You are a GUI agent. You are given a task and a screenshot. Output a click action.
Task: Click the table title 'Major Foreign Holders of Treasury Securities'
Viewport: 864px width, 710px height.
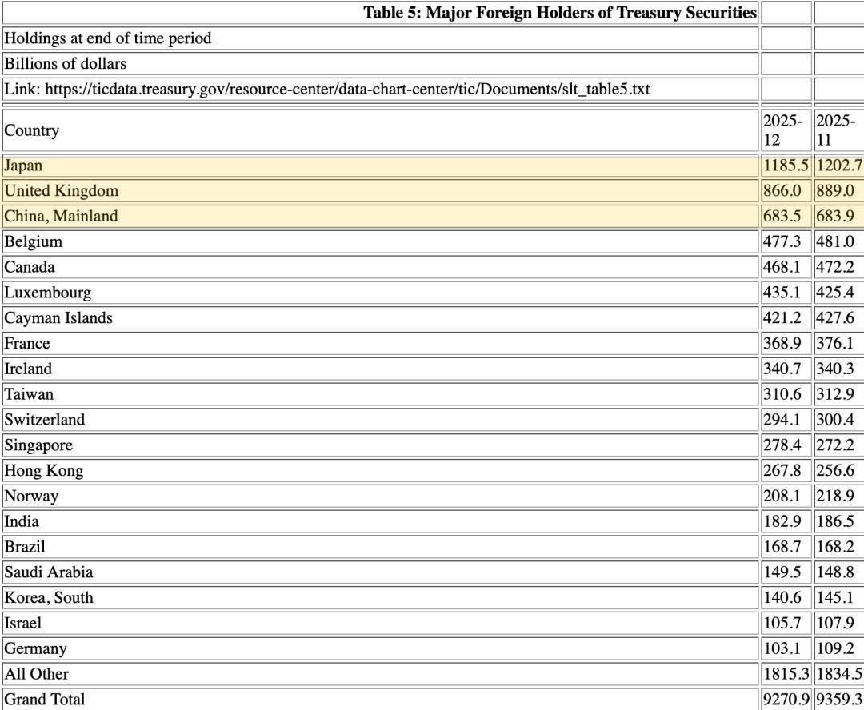(x=559, y=13)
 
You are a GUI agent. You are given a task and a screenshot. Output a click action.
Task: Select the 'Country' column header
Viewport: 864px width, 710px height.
(x=32, y=130)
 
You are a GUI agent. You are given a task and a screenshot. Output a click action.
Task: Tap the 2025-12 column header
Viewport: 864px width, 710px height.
(x=782, y=130)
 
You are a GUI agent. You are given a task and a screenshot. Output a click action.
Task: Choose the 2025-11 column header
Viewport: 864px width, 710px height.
(x=836, y=130)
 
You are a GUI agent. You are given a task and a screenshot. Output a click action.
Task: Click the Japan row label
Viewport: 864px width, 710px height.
(x=24, y=166)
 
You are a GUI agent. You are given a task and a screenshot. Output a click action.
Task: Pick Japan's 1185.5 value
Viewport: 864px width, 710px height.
(x=786, y=166)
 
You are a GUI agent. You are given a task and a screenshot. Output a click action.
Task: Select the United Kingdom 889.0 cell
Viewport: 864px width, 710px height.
(x=835, y=191)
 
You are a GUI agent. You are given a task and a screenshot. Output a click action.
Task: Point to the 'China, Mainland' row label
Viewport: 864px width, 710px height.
(x=61, y=217)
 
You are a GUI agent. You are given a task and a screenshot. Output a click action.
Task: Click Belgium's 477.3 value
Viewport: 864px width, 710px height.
(x=782, y=241)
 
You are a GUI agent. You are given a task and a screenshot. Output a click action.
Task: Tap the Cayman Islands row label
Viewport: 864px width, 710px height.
(x=58, y=318)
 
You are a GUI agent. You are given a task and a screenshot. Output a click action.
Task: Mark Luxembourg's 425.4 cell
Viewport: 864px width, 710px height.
(x=835, y=293)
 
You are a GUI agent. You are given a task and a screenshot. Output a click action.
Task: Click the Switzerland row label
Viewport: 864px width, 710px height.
(x=45, y=420)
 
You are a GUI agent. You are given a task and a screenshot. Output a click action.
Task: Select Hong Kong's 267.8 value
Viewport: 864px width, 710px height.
(x=782, y=471)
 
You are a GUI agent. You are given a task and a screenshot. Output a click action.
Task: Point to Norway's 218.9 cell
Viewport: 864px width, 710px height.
(x=835, y=497)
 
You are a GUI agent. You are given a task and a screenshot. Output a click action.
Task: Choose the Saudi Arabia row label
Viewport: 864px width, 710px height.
(x=49, y=572)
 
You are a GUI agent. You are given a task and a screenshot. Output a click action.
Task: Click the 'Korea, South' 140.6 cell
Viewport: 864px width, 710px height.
(x=782, y=598)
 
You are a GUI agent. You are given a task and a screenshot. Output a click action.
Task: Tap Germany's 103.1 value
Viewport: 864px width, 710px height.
(x=782, y=648)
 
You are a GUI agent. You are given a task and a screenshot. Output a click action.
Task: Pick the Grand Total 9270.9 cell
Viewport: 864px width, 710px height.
(x=786, y=700)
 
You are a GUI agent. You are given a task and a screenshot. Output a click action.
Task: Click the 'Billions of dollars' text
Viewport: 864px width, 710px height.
(x=66, y=64)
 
